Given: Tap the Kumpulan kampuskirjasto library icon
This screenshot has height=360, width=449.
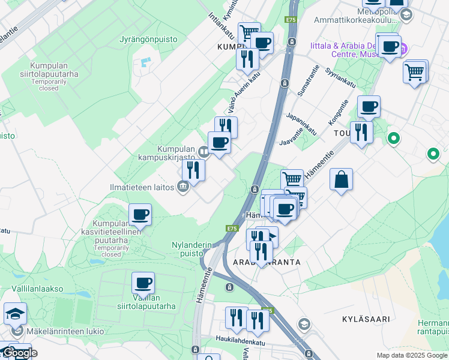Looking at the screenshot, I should (x=203, y=152).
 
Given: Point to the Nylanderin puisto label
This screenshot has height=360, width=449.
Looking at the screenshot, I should (x=192, y=249).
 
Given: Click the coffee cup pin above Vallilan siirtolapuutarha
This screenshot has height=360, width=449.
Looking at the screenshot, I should (x=143, y=283).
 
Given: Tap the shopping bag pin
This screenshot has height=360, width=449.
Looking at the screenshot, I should (x=341, y=179).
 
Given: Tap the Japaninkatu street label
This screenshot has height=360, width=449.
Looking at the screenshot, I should (x=302, y=123).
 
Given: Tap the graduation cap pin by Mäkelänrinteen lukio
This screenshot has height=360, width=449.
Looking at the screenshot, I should (x=15, y=313).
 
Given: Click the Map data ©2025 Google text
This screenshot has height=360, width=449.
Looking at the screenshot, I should (x=412, y=355).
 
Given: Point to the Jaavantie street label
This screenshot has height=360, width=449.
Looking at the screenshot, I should (x=292, y=139).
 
